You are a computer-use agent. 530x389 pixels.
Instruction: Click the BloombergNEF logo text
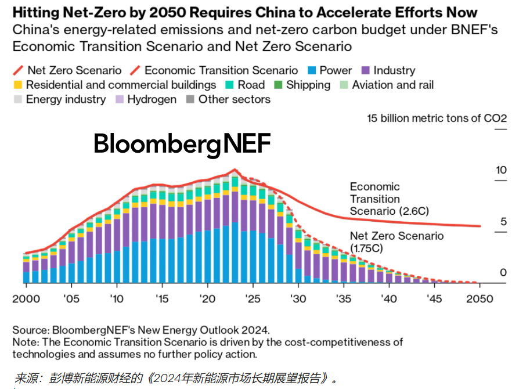tap(182, 143)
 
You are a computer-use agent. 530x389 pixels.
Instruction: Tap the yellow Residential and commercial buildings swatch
tap(17, 85)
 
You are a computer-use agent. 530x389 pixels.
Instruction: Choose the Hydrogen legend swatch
tap(119, 99)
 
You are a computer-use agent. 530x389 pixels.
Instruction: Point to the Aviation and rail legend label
tap(393, 85)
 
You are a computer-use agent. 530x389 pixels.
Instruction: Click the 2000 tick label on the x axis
tap(27, 300)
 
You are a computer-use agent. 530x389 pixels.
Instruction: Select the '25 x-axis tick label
tap(253, 300)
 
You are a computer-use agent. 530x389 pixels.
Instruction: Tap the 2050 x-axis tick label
tap(479, 300)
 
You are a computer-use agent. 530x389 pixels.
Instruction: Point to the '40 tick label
tap(389, 300)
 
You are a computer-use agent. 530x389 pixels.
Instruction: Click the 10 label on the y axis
tap(501, 170)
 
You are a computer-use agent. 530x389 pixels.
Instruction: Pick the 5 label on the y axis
tap(503, 222)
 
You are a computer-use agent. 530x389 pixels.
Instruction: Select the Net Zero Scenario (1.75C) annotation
tap(396, 242)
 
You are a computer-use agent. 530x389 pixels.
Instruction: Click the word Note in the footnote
tap(24, 342)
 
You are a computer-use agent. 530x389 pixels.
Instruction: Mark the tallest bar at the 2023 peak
tap(235, 232)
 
